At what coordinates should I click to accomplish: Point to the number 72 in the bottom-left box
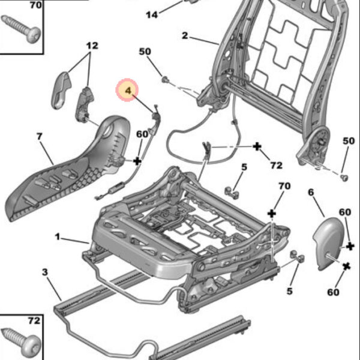click(x=34, y=321)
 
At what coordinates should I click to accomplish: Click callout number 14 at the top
click(x=152, y=14)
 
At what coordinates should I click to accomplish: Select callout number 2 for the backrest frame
click(x=185, y=36)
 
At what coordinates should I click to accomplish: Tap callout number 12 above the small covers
click(x=91, y=46)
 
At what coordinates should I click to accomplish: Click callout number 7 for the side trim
click(x=40, y=137)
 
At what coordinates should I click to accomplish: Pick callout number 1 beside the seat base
click(x=58, y=237)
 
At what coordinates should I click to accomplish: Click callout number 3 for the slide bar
click(x=44, y=273)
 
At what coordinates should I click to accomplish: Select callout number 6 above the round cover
click(x=311, y=192)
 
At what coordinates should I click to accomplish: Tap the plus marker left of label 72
click(x=257, y=146)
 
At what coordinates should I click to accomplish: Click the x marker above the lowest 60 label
click(x=347, y=265)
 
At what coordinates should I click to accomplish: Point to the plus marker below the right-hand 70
click(x=272, y=214)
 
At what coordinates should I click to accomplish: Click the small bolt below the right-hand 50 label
click(x=344, y=178)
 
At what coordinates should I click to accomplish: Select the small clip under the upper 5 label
click(x=232, y=193)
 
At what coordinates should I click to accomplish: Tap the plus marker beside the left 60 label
click(x=137, y=161)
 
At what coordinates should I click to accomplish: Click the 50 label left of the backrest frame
click(x=145, y=52)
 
